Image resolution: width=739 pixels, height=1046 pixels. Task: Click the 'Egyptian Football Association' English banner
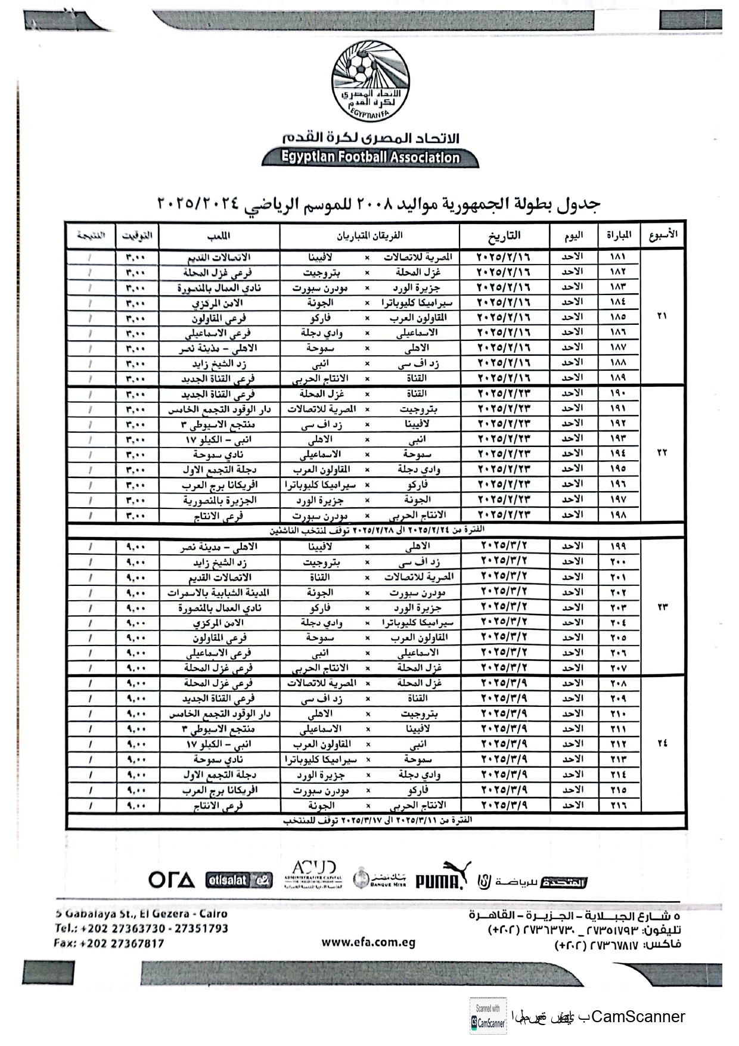370,157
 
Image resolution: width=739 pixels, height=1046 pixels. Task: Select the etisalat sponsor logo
238,880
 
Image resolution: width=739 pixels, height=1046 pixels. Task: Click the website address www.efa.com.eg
368,942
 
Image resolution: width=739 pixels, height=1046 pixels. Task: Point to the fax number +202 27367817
109,943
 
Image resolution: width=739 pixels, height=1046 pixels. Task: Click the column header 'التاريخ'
504,237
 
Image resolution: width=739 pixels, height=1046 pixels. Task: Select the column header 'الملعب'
219,237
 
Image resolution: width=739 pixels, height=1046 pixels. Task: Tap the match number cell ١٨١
618,257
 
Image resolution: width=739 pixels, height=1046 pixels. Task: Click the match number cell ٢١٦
618,805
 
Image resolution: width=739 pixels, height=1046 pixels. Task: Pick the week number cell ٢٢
662,453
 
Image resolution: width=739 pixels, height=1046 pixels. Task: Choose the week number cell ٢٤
662,743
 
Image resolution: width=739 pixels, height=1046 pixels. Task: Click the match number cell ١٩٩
618,546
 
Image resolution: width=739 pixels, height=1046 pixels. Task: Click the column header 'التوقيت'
136,237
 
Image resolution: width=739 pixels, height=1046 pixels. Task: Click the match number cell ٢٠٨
618,684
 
